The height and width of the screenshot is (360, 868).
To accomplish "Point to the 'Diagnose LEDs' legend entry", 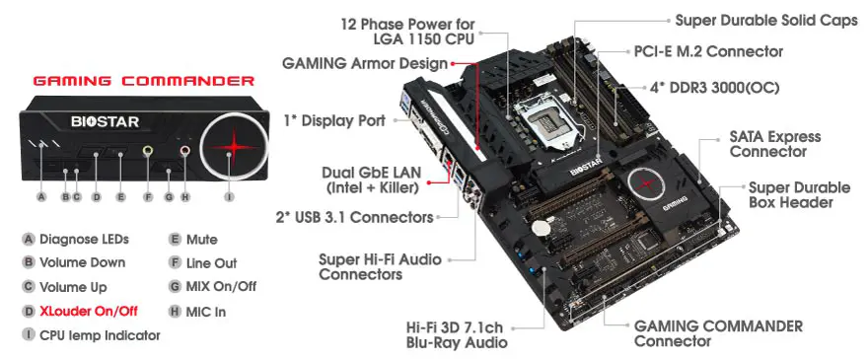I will [84, 239].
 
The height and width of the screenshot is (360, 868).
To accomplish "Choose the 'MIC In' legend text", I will [206, 311].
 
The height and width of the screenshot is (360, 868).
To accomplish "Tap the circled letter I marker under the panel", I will [229, 197].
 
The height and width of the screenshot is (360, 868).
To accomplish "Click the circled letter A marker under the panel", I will [41, 197].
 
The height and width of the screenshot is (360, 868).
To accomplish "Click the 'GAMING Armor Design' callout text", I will [364, 63].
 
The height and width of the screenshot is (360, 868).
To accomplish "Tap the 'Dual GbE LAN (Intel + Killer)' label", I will [372, 180].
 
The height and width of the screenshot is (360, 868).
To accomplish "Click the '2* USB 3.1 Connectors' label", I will [354, 216].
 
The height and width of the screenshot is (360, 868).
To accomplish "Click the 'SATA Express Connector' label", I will [774, 144].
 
